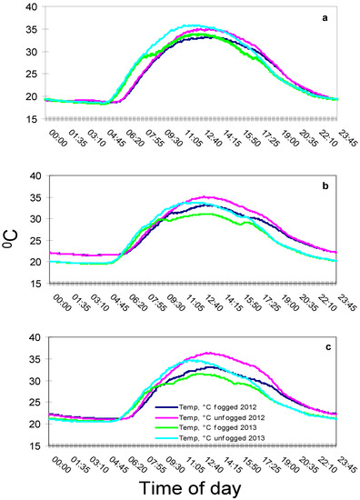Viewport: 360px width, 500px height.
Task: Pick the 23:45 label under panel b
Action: (x=342, y=305)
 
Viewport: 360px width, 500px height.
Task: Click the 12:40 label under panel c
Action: (x=207, y=466)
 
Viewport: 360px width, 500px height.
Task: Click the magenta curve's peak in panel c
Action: (x=210, y=352)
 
